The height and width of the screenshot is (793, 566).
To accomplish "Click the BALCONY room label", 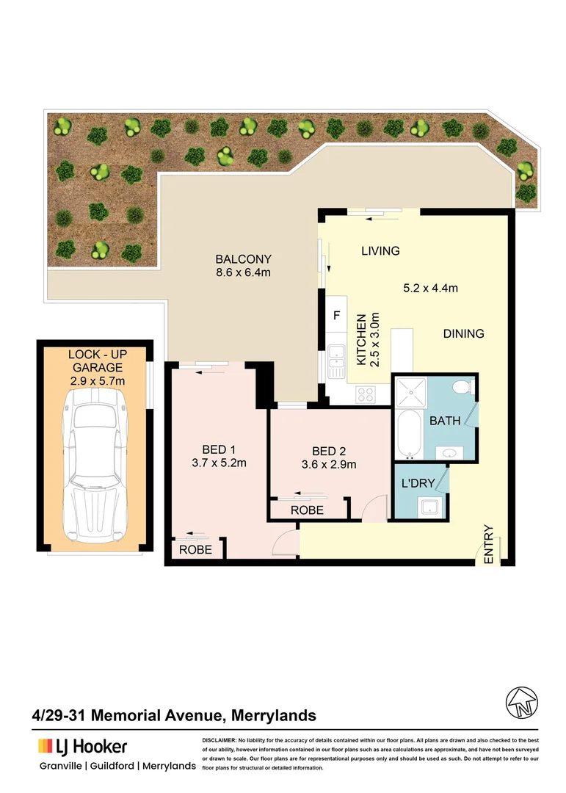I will (243, 259).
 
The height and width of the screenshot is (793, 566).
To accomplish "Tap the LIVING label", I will (380, 251).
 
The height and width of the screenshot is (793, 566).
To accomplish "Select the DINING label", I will (463, 333).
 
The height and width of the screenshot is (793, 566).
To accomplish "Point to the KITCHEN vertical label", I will (361, 341).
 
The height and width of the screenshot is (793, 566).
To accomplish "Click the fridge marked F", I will (337, 316).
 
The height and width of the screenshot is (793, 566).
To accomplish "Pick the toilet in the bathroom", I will (463, 387).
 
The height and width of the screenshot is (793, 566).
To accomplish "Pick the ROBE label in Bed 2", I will (308, 510).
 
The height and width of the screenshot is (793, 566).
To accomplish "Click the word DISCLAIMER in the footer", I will (218, 740).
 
